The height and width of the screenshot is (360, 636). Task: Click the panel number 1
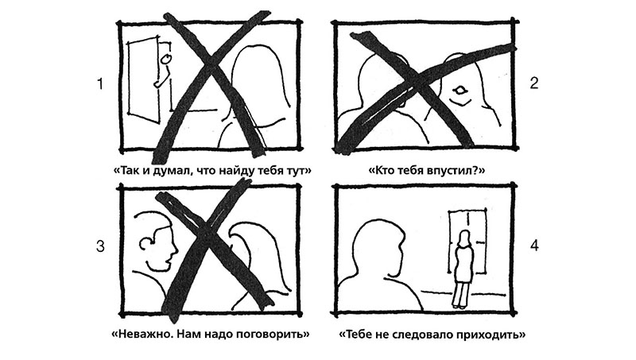point(100,84)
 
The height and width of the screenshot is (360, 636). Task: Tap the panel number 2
point(534,83)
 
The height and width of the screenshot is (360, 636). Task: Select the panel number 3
point(100,246)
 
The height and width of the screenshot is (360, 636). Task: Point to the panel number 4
point(534,246)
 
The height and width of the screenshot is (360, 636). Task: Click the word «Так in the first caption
point(125,170)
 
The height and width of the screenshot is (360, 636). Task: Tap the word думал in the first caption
point(170,171)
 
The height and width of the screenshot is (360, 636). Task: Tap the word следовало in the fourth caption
point(425,335)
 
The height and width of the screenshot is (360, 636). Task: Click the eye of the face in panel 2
point(460,90)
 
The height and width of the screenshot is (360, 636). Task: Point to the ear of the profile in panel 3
point(145,243)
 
